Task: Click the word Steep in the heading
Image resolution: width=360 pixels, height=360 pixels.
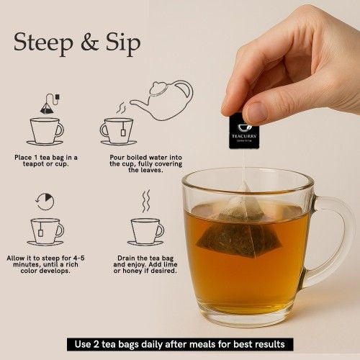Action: click(x=42, y=42)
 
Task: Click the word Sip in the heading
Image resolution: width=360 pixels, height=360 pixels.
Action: click(x=123, y=42)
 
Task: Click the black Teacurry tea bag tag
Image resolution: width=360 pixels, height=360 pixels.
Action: click(x=243, y=130)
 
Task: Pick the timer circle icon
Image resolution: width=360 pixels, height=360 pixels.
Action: click(x=45, y=202)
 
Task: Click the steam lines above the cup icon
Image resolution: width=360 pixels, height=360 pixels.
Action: click(x=145, y=201)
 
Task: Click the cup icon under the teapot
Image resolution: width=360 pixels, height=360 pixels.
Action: click(x=117, y=131)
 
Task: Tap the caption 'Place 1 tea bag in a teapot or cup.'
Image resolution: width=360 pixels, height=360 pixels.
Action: click(x=45, y=162)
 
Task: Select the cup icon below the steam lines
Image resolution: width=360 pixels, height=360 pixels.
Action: click(x=145, y=230)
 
